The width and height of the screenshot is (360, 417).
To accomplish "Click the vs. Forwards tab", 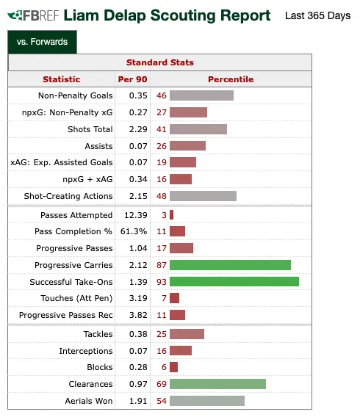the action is pos(43,42).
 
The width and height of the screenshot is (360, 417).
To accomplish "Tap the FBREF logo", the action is pos(33,15).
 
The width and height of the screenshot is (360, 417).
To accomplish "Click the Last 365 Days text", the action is pos(317,15).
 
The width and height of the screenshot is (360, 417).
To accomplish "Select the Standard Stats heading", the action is pos(160,62).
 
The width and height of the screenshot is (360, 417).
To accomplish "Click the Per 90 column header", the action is pos(132,79).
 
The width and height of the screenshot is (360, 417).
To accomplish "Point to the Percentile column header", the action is pos(231,79).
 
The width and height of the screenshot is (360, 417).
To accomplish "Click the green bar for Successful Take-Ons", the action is pos(234,282).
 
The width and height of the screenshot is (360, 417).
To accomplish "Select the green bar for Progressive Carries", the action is pos(230,265).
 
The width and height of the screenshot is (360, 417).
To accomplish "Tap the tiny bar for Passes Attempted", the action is pos(172,215).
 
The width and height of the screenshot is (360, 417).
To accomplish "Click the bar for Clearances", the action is pos(217,384).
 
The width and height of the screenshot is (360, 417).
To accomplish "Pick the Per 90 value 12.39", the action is pos(136,215).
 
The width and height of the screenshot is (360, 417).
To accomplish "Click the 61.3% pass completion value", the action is pos(134,231).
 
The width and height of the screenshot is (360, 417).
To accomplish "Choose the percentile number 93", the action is pos(162,282).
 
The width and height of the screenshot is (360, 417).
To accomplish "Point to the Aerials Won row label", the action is pos(89,401).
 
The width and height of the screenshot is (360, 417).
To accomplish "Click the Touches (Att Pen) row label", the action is pos(76,298).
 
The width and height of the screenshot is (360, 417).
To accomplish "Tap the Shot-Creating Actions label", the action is pos(68,196).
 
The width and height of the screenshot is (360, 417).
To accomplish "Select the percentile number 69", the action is pos(162,384).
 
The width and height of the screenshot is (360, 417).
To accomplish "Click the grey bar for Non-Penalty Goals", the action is pos(202,95).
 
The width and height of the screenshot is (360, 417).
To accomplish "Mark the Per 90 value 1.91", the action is pos(138,401).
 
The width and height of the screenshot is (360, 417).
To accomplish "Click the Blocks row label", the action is pos(100,367).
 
